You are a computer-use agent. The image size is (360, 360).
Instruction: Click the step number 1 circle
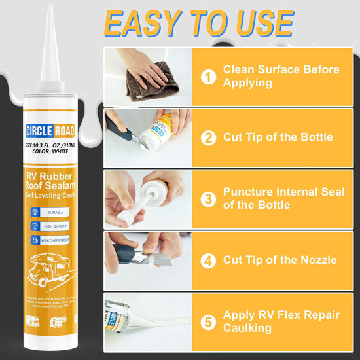(x=208, y=77)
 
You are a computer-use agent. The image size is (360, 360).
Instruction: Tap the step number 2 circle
(x=208, y=137)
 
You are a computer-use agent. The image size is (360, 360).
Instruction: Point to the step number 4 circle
(x=208, y=260)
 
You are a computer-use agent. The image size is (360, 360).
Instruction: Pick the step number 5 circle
(x=208, y=321)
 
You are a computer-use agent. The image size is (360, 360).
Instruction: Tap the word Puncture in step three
(x=249, y=192)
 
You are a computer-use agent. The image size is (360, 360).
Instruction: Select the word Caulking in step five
(x=248, y=328)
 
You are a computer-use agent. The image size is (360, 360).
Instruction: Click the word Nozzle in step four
(x=317, y=260)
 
